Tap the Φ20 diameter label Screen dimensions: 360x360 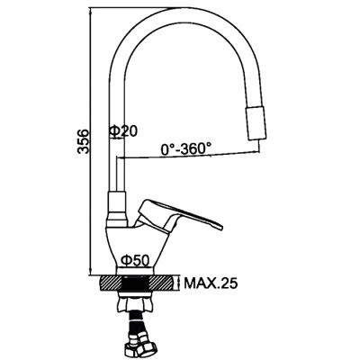point(123,132)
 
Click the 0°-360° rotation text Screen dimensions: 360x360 point(186,147)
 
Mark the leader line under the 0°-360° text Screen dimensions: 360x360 point(180,157)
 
